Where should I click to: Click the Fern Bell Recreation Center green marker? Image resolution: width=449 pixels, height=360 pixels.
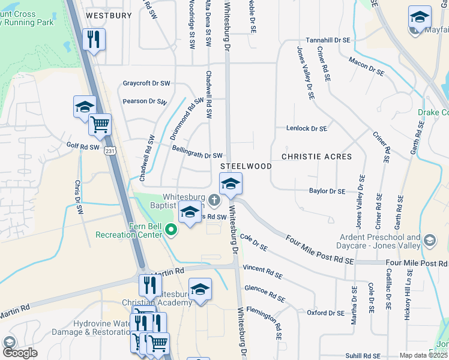point(171,229)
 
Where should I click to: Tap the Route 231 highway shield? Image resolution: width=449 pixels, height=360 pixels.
point(109,152)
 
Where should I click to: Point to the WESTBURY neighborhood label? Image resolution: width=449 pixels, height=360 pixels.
point(109,16)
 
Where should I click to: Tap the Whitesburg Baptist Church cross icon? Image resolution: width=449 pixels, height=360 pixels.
point(211,199)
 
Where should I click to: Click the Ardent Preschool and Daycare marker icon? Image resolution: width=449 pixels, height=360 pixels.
point(429,241)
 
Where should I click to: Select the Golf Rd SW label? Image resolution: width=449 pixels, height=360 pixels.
point(82,145)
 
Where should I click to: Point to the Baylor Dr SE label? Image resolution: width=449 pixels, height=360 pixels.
point(327,191)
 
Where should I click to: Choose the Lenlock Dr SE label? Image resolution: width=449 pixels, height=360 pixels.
point(306,128)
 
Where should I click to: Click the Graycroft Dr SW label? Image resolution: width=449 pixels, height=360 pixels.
point(146,83)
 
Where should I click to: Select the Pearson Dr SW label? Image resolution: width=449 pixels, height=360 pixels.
point(145,101)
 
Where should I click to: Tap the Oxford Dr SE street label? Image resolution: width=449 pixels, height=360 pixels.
point(325,313)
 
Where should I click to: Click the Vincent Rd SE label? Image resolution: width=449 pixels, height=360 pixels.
point(262,271)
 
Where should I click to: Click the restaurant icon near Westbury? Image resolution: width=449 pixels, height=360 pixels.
point(94,40)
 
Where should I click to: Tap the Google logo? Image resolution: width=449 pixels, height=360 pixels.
point(20,353)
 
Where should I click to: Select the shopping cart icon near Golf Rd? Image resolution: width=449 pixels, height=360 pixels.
point(100,125)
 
